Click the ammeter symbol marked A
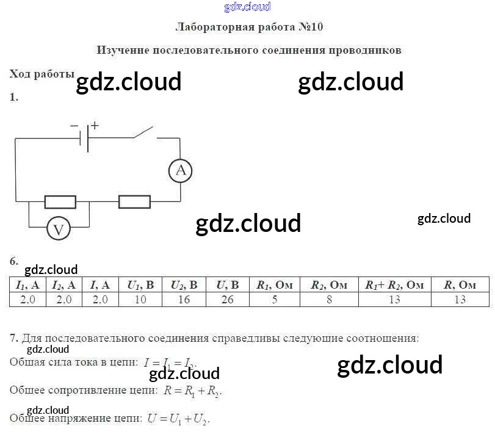click(181, 170)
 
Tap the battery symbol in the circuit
click(85, 138)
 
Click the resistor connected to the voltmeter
click(60, 201)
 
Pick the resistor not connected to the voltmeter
click(134, 201)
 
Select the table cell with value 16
click(184, 299)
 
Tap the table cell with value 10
click(140, 299)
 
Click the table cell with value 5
click(275, 299)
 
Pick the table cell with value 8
click(329, 299)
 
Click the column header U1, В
click(140, 285)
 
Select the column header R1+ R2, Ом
click(394, 285)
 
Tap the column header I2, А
click(63, 285)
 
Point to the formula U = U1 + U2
click(178, 419)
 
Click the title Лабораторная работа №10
click(249, 27)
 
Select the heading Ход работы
click(42, 74)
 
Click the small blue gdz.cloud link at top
click(247, 7)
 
